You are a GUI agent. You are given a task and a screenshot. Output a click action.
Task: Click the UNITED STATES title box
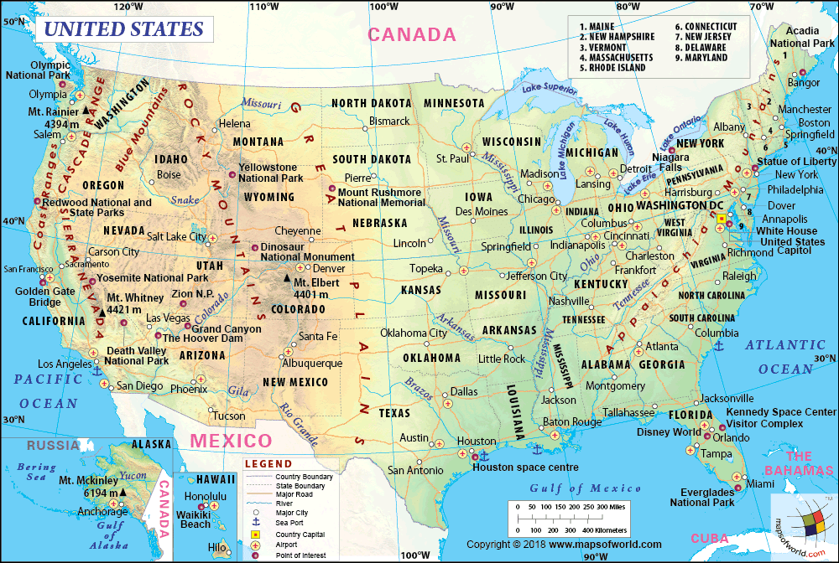(123, 29)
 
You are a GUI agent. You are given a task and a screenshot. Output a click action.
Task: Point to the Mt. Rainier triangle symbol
(86, 111)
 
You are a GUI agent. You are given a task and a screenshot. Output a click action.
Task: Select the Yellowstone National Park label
(271, 173)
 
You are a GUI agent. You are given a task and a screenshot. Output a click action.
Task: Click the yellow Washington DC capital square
(721, 218)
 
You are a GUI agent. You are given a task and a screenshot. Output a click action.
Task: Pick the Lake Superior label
(550, 87)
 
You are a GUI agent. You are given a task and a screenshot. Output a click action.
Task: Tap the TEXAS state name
(394, 413)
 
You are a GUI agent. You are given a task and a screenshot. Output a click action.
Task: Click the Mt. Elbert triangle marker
(288, 280)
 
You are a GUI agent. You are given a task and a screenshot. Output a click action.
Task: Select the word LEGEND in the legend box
(268, 464)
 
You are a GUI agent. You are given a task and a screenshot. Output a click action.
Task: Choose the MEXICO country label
(230, 441)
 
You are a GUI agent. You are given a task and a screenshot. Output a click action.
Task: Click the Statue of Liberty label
(796, 161)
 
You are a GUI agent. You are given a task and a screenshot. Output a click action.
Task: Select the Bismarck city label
(389, 121)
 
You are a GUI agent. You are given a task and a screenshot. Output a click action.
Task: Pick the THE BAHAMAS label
(798, 463)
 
